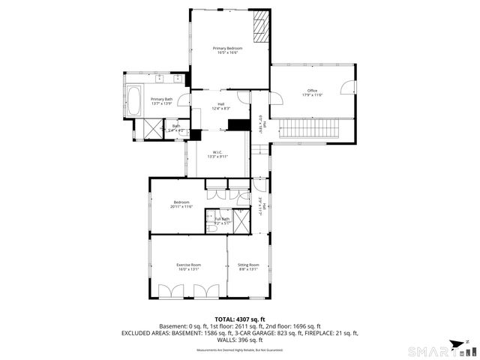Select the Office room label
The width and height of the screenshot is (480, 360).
(312, 93)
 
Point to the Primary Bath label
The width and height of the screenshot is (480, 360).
(161, 101)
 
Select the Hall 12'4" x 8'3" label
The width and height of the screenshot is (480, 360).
(221, 106)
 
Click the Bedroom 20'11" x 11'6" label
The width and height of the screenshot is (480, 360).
(181, 204)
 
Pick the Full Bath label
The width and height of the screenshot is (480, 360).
(223, 220)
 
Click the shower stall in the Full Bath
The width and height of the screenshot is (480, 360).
(243, 220)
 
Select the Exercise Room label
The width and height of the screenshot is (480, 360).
(188, 267)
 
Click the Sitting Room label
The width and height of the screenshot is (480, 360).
(248, 267)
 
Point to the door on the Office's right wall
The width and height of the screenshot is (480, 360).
(348, 88)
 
